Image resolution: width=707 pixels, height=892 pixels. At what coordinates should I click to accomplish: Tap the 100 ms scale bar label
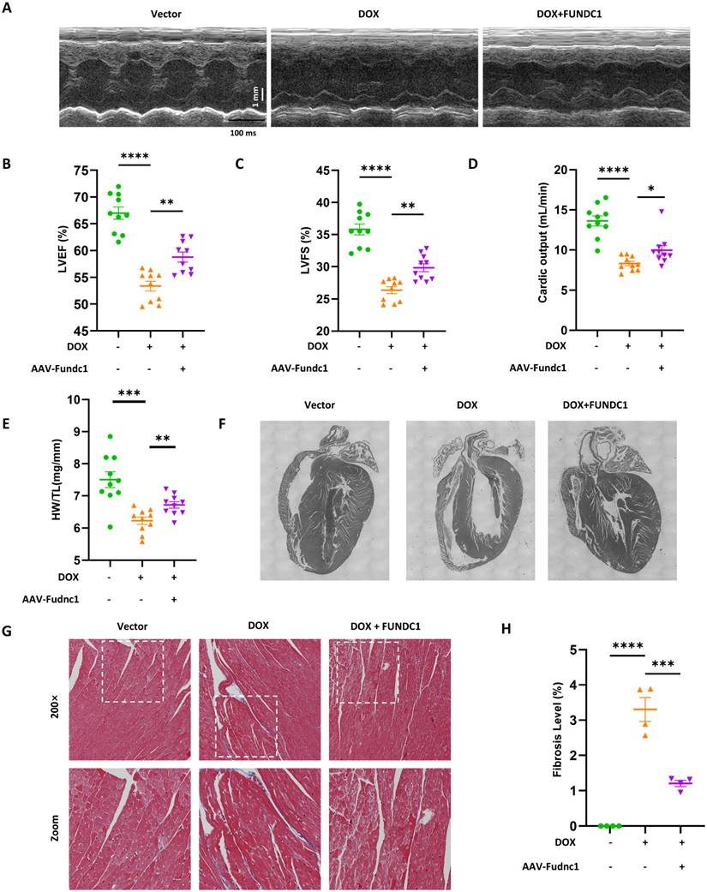tap(242, 133)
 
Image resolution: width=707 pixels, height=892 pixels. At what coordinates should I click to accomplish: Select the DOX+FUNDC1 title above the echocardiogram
tap(585, 15)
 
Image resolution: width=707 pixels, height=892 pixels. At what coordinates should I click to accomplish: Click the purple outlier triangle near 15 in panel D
tap(662, 211)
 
